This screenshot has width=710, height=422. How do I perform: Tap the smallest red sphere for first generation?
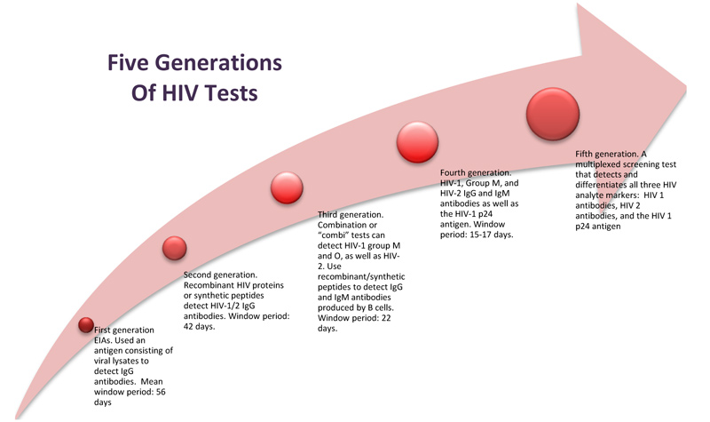(x=87, y=324)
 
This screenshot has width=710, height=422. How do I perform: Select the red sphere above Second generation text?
(x=175, y=250)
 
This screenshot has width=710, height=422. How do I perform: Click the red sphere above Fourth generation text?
(x=419, y=141)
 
